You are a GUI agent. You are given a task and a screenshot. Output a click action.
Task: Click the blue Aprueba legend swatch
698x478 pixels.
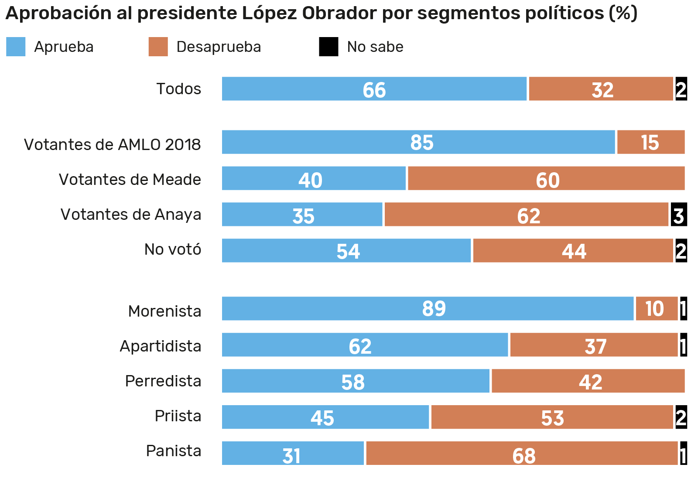click(16, 47)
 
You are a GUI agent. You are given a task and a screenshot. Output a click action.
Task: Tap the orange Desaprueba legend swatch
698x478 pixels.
click(158, 47)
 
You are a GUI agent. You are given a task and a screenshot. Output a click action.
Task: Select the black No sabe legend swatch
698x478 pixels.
click(328, 47)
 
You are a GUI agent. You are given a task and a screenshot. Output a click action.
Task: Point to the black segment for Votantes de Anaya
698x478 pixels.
click(678, 215)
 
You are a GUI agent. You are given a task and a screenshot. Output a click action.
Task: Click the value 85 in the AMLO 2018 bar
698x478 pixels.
click(421, 143)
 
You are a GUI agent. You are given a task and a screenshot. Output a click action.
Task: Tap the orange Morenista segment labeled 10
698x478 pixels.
click(656, 309)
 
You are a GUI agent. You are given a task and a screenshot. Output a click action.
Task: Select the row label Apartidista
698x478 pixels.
click(161, 346)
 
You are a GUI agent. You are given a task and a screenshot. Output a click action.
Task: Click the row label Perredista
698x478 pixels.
click(163, 381)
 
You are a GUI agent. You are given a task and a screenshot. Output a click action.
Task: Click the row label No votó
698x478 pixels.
click(173, 249)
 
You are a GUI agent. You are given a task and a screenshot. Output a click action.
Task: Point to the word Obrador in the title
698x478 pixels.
click(339, 13)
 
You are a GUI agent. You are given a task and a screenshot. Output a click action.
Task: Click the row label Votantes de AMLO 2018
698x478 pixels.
click(112, 145)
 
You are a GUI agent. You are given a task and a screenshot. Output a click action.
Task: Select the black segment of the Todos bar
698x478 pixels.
click(681, 89)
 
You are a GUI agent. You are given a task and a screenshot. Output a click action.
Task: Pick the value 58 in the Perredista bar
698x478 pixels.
click(352, 382)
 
